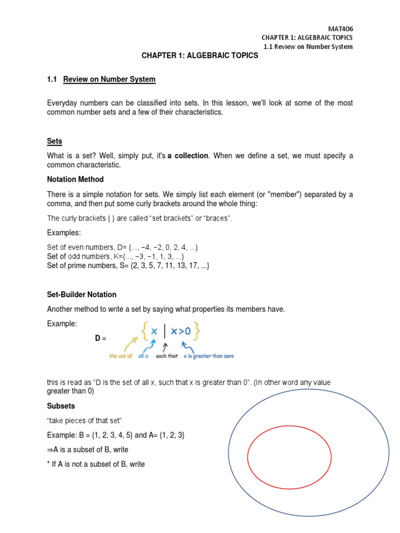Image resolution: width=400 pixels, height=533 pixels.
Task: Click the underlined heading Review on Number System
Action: (x=109, y=80)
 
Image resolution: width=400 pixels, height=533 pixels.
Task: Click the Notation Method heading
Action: (x=75, y=180)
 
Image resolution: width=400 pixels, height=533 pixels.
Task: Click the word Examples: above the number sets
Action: (x=64, y=232)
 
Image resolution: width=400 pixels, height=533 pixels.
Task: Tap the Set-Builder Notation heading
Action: (x=82, y=295)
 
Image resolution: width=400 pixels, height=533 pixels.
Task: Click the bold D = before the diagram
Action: (x=101, y=338)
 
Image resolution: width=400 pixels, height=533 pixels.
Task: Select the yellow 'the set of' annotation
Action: (x=120, y=357)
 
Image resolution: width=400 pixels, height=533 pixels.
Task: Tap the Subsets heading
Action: (x=61, y=407)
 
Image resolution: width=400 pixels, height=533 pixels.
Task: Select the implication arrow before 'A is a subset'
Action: (x=51, y=450)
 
